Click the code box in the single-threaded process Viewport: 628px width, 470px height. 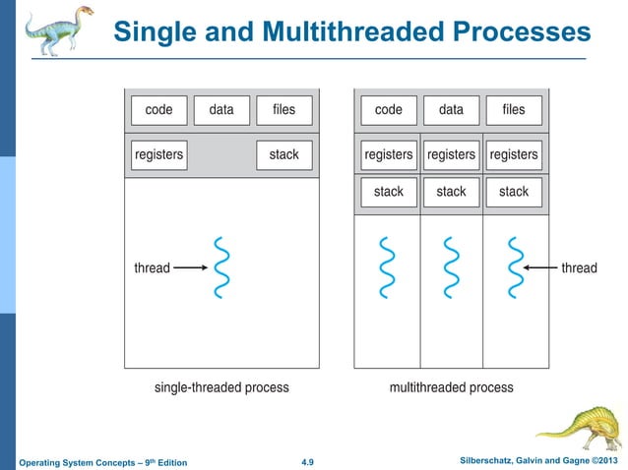(x=158, y=110)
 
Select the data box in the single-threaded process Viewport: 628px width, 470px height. (x=221, y=110)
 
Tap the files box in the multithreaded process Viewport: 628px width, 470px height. (x=514, y=110)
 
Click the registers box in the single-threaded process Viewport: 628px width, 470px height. (x=158, y=154)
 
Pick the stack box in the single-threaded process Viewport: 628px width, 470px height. (x=283, y=154)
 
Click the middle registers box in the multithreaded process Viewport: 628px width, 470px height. (x=451, y=154)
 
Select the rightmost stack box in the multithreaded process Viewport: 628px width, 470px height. (x=514, y=192)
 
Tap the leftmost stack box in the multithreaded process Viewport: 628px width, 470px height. (x=389, y=192)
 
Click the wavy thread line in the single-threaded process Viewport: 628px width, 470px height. (x=221, y=266)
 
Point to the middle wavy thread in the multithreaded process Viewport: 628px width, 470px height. (x=451, y=266)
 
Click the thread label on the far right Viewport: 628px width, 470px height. (x=579, y=267)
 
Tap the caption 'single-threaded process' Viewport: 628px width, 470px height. (x=221, y=387)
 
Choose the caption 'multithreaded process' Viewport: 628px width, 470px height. (x=451, y=387)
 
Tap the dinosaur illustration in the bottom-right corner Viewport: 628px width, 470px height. (x=580, y=427)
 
